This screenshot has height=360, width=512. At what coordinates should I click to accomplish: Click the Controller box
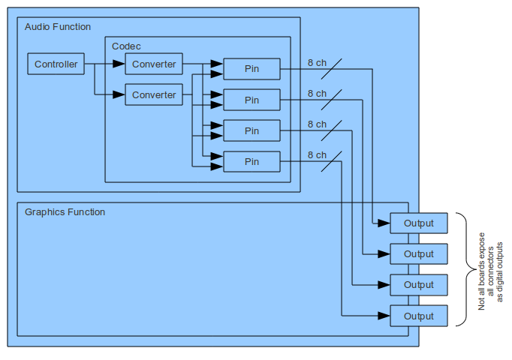[x=56, y=64]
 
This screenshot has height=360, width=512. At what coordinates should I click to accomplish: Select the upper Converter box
[x=153, y=64]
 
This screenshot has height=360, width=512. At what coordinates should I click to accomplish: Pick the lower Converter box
[x=153, y=95]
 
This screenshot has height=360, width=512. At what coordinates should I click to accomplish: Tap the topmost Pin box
[x=251, y=69]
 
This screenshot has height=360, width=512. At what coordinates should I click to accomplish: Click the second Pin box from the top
[x=251, y=100]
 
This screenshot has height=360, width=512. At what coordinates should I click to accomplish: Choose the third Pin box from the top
[x=251, y=130]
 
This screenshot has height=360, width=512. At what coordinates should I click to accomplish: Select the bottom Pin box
[x=251, y=161]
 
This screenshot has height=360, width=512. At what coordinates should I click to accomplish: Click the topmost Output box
[x=418, y=223]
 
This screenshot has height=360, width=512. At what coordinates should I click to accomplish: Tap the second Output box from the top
[x=418, y=253]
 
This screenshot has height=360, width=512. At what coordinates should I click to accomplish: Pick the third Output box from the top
[x=418, y=285]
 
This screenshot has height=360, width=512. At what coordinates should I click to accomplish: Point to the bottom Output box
[x=418, y=316]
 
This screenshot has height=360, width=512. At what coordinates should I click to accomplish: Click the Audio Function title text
[x=58, y=27]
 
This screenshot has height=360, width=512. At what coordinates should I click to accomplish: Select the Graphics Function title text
[x=65, y=212]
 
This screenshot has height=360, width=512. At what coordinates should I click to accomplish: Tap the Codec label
[x=126, y=46]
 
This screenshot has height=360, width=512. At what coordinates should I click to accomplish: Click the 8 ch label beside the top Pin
[x=317, y=63]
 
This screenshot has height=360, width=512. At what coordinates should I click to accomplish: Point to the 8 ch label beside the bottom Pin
[x=317, y=155]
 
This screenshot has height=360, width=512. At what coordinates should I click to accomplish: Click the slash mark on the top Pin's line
[x=331, y=69]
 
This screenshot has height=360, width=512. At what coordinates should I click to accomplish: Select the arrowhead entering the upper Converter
[x=119, y=64]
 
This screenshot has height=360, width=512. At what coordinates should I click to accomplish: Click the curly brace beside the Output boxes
[x=462, y=269]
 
